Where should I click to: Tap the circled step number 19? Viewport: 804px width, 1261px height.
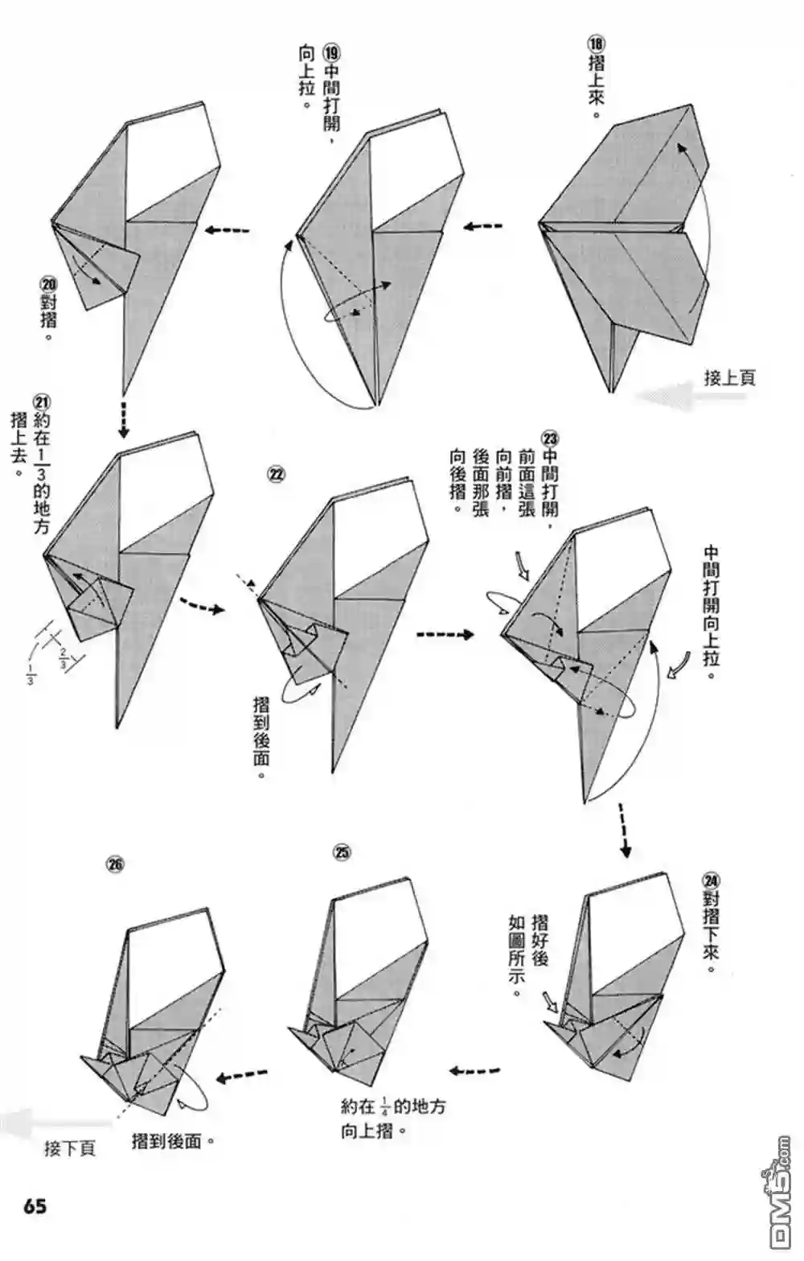click(332, 52)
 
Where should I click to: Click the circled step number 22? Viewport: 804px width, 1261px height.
click(276, 474)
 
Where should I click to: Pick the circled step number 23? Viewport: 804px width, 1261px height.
click(550, 439)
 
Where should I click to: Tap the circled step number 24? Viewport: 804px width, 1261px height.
click(711, 881)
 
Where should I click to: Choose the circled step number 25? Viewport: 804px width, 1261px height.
click(343, 852)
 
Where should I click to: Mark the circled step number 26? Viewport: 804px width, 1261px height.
click(115, 864)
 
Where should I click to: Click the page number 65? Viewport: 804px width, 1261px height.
click(35, 1206)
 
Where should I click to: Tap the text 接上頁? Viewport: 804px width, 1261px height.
click(730, 377)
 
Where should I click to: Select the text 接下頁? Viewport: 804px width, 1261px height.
click(70, 1148)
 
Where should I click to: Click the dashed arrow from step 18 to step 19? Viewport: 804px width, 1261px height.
click(483, 227)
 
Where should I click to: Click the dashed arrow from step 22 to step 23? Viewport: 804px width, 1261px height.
click(445, 634)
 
